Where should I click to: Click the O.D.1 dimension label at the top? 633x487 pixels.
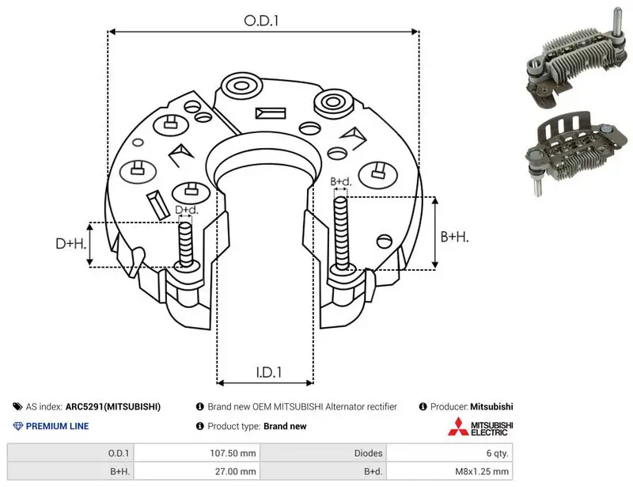point(261,21)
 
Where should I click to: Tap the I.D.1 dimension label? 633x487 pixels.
point(269,372)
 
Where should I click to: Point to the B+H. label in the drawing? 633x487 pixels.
point(454,237)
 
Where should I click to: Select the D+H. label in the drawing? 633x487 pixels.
point(71,243)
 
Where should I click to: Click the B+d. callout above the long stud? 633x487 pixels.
point(341,181)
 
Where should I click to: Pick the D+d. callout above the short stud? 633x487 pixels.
point(187,210)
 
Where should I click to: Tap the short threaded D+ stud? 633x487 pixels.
point(186,245)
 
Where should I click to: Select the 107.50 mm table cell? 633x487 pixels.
point(233,453)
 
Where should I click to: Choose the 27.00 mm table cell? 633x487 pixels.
point(235,471)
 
